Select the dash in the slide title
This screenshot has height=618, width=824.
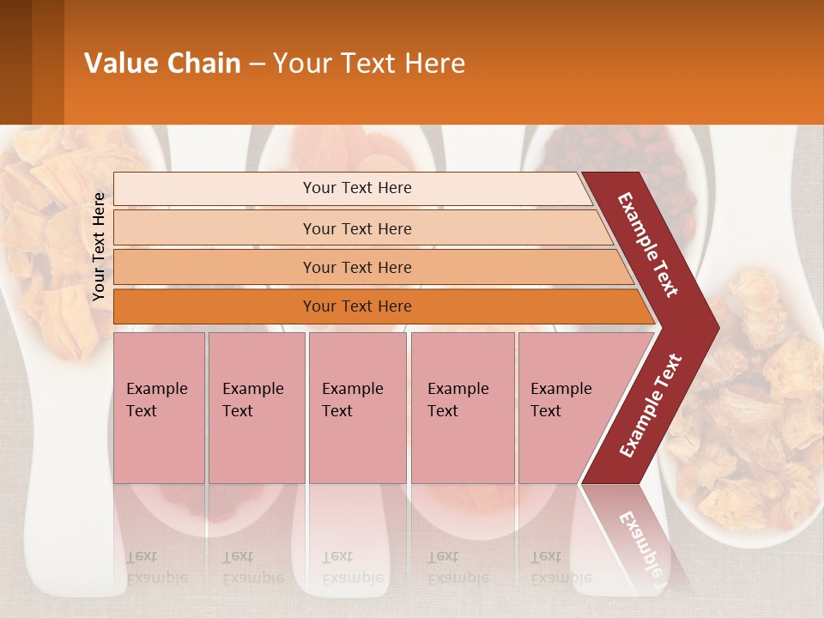click(257, 64)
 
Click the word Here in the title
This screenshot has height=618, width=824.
click(434, 64)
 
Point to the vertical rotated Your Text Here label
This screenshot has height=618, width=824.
click(99, 247)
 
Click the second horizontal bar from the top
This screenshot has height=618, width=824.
click(357, 228)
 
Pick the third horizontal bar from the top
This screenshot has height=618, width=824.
click(357, 268)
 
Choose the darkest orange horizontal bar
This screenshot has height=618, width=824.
click(357, 306)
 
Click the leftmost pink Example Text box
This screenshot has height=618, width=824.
click(159, 408)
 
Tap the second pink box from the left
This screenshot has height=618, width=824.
click(256, 408)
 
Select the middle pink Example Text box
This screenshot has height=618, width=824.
click(357, 408)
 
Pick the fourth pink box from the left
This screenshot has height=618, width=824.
click(462, 408)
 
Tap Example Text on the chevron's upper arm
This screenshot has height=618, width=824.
click(648, 245)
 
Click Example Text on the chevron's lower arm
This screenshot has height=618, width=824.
click(651, 405)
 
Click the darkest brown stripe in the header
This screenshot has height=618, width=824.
click(15, 62)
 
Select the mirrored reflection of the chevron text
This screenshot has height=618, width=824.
click(639, 541)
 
